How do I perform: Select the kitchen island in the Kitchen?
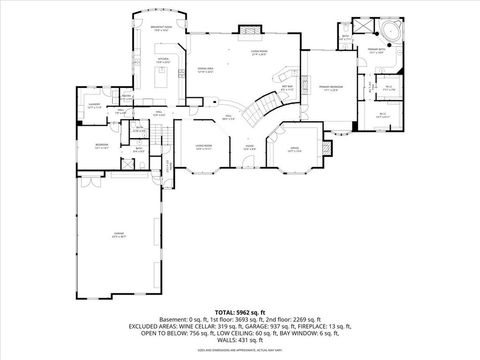click(x=162, y=76)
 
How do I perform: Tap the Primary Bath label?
click(x=376, y=49)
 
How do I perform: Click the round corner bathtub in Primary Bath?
click(x=393, y=34)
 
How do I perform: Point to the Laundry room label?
click(x=95, y=105)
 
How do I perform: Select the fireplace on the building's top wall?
click(x=249, y=30)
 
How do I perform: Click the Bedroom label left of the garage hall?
click(x=102, y=145)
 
